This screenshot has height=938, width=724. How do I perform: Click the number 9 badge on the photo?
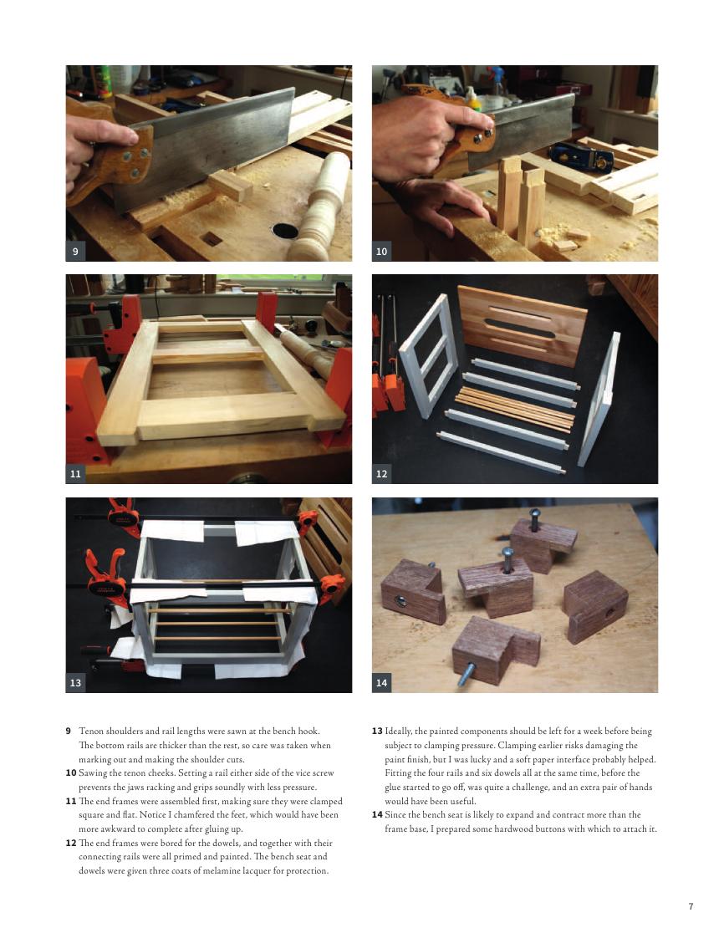[75, 252]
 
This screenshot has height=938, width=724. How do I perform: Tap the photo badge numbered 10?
[382, 252]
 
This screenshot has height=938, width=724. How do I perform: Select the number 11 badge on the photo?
[75, 474]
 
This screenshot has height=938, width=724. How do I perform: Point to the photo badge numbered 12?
[382, 474]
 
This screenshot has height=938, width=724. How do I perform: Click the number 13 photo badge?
[75, 682]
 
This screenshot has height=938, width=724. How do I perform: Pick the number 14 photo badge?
[382, 682]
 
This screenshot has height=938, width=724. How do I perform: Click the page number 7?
[691, 906]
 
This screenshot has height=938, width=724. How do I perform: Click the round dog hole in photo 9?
[285, 230]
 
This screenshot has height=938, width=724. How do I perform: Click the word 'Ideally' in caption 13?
[399, 731]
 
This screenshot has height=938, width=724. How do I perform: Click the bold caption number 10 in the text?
[70, 773]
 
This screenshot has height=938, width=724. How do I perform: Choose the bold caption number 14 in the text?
[377, 815]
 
